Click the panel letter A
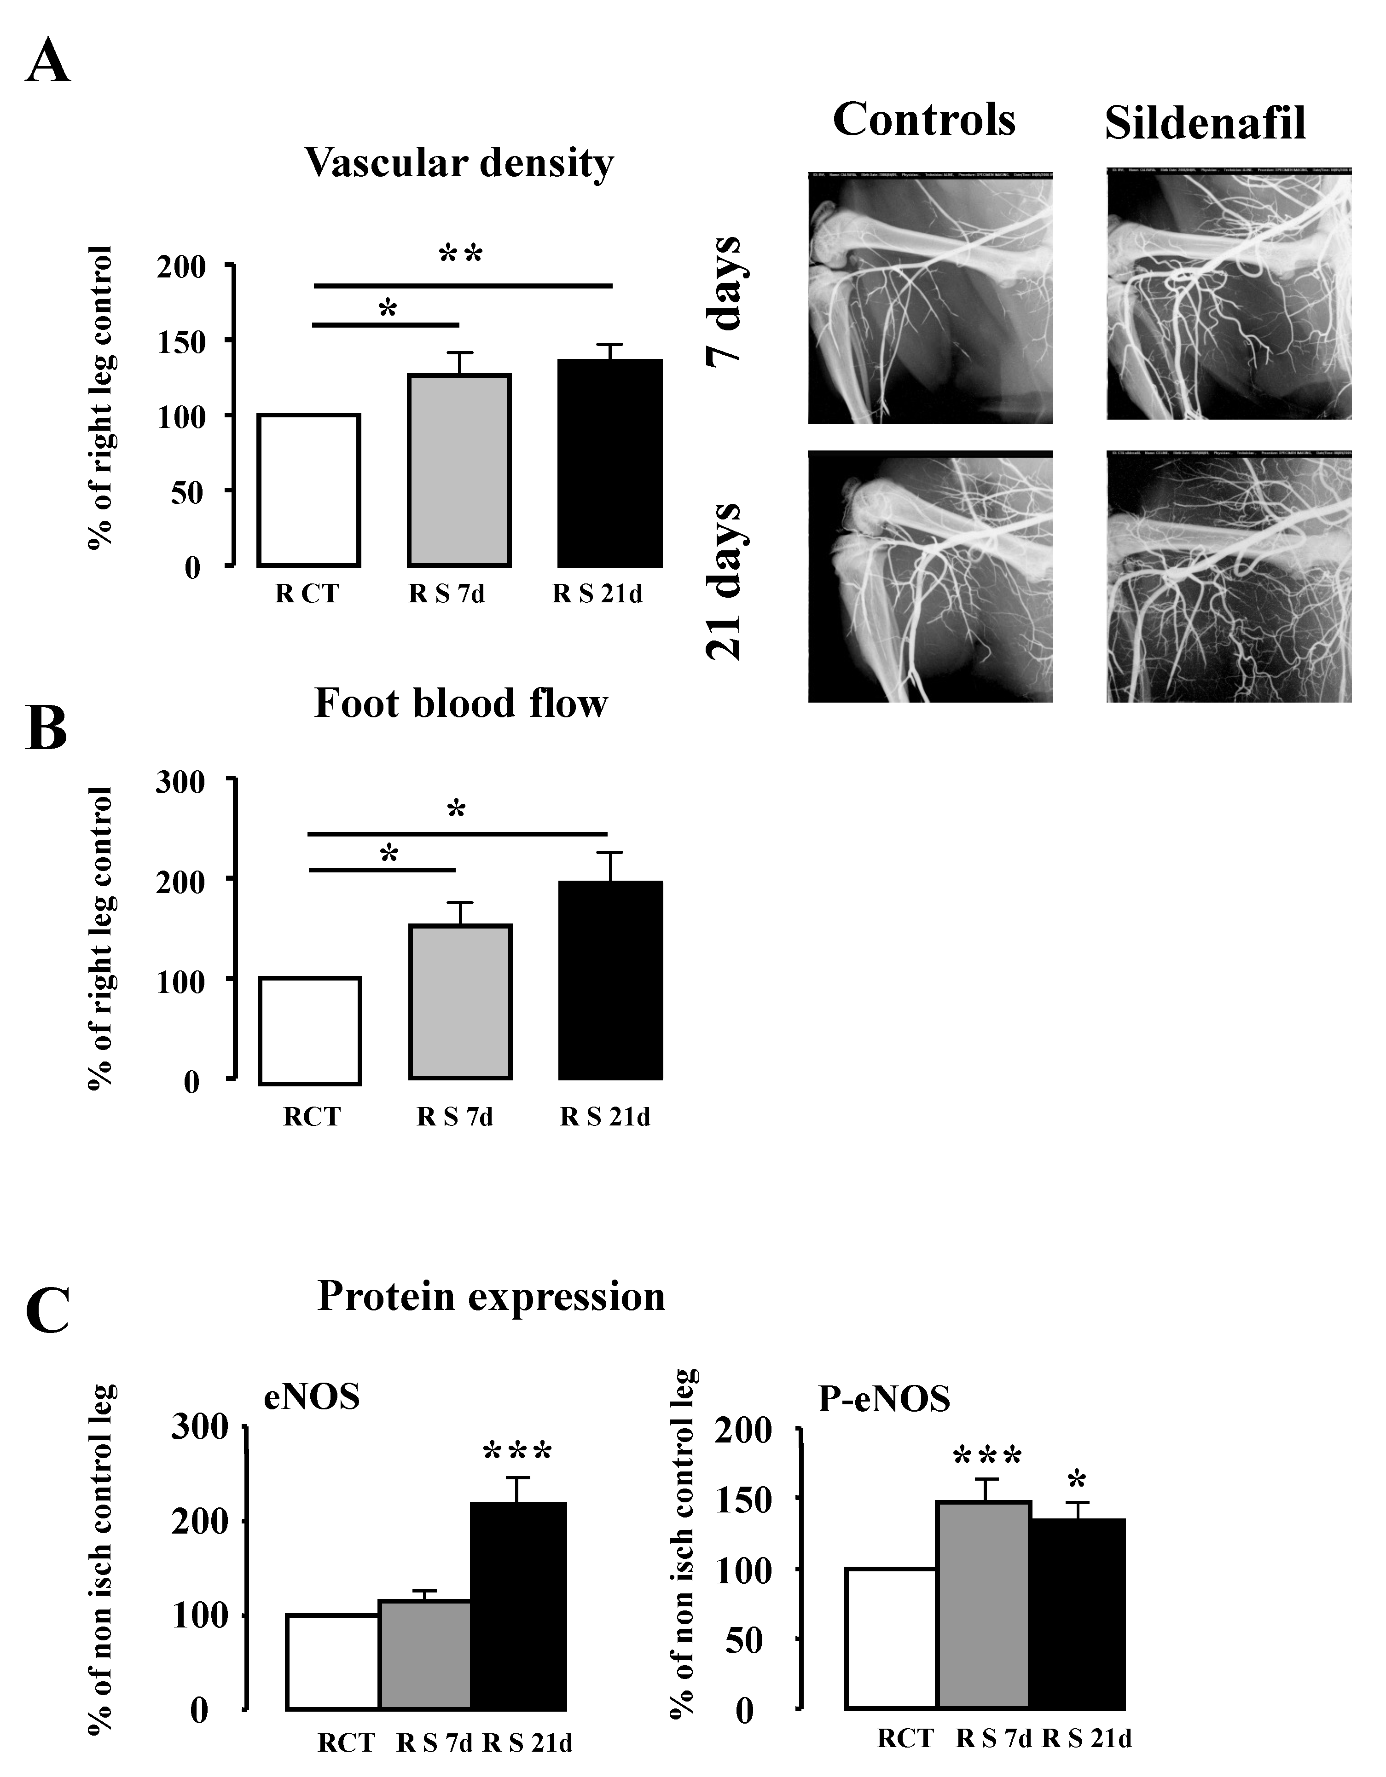tap(47, 63)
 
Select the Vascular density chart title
tap(459, 163)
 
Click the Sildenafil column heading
tap(1205, 124)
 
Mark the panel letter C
tap(47, 1311)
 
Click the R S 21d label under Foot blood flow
tap(605, 1117)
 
